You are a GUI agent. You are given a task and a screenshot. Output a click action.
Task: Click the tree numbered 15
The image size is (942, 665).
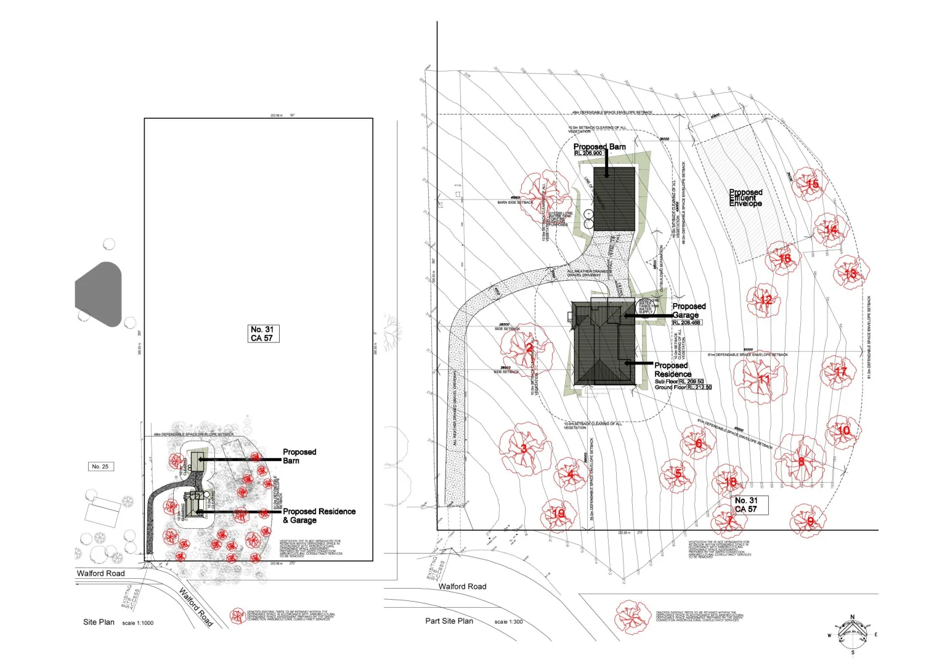[810, 183]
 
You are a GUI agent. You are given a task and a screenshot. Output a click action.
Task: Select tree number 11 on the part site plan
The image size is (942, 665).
[763, 379]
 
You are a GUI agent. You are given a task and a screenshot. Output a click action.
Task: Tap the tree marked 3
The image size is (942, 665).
[524, 448]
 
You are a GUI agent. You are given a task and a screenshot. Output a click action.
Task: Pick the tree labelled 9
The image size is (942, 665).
[808, 522]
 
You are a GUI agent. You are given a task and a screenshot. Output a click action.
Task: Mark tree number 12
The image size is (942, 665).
[765, 300]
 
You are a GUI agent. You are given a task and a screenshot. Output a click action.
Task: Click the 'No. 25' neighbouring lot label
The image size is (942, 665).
[100, 467]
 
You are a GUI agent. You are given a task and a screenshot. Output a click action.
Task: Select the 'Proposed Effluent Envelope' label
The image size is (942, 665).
[745, 198]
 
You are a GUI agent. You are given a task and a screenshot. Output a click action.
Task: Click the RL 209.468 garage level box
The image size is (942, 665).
[686, 323]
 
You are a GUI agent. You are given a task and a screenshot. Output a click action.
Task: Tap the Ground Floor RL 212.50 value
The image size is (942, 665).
[699, 387]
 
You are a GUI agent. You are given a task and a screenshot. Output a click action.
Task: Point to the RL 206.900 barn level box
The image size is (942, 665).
[588, 153]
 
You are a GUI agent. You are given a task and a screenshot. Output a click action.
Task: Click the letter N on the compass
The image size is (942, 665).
[853, 617]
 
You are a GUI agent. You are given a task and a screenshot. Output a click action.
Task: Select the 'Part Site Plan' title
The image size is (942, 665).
[449, 621]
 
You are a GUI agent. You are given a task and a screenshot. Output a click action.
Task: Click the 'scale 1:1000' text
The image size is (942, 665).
[138, 623]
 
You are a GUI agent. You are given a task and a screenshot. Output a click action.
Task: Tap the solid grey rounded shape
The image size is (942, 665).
[99, 294]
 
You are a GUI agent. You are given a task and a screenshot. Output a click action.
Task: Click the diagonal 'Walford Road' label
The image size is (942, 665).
[196, 607]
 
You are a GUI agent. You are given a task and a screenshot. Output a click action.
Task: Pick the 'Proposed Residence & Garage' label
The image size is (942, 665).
[319, 515]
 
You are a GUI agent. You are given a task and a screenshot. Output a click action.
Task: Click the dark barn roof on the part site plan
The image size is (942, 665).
[614, 198]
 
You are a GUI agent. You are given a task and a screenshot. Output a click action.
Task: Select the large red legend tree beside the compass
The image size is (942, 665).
[632, 617]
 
